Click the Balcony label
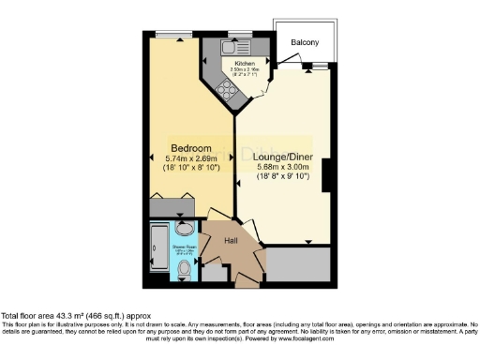point(304,42)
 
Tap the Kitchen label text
point(232,64)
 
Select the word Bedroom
point(191,148)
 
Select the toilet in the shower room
point(183,271)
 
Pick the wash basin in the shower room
point(184,230)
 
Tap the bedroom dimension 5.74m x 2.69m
point(191,158)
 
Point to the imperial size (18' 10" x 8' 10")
point(191,169)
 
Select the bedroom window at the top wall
point(171,36)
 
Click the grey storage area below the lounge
point(299,266)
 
